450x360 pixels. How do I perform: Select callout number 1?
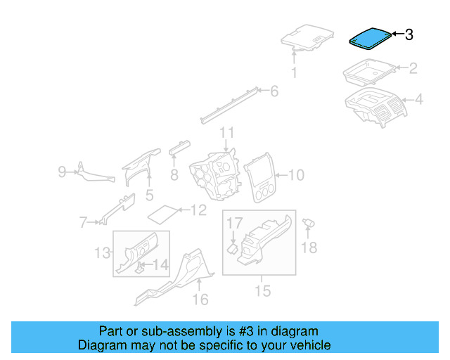[x=295, y=72]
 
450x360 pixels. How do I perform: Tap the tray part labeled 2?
[x=368, y=72]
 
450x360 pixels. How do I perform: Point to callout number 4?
[x=418, y=100]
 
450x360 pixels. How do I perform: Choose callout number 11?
[x=226, y=133]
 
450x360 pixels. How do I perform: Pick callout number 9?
[x=62, y=171]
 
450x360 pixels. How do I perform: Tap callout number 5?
[x=149, y=195]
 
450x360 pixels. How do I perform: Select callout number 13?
[x=103, y=252]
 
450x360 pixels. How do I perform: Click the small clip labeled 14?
[x=141, y=266]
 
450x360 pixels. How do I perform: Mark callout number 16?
[x=200, y=300]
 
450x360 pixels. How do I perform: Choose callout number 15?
[x=262, y=289]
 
